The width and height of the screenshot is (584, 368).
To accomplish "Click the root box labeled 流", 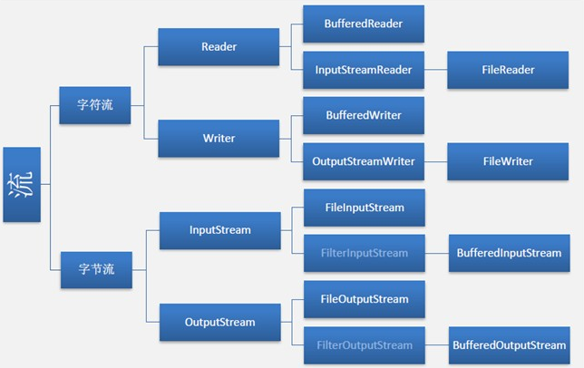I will pos(22,185).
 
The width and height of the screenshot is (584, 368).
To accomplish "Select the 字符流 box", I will pos(95,104).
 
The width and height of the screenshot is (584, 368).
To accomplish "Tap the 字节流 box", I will pos(95,268).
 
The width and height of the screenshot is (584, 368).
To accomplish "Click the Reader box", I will pos(219,46).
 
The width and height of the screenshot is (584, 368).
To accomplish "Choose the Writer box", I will pos(219,139).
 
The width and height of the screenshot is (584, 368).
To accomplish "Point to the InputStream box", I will pos(219,230).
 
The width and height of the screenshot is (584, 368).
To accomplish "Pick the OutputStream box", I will pos(219,322).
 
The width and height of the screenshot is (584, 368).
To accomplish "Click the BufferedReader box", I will pos(364,24).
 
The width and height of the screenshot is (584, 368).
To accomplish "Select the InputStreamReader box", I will pos(364,70).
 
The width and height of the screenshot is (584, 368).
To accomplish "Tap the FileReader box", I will pos(509,70).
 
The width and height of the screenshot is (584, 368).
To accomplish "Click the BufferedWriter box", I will pos(364,116).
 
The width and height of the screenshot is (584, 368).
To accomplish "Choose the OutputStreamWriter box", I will pos(364,162).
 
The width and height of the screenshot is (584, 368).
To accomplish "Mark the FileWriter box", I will pos(509,162).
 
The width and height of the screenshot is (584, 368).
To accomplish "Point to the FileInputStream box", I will pos(364,208).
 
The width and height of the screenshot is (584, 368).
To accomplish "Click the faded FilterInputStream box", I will pos(364,254).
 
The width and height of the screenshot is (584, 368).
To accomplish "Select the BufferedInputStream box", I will pos(509,254).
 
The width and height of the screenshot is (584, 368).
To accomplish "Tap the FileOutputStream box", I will pos(364,299).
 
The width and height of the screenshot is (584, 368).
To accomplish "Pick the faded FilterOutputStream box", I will pos(364,345).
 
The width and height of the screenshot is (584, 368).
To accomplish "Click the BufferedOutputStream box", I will pos(509,345).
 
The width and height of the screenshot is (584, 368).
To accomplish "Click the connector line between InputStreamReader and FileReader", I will pos(436,70).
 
